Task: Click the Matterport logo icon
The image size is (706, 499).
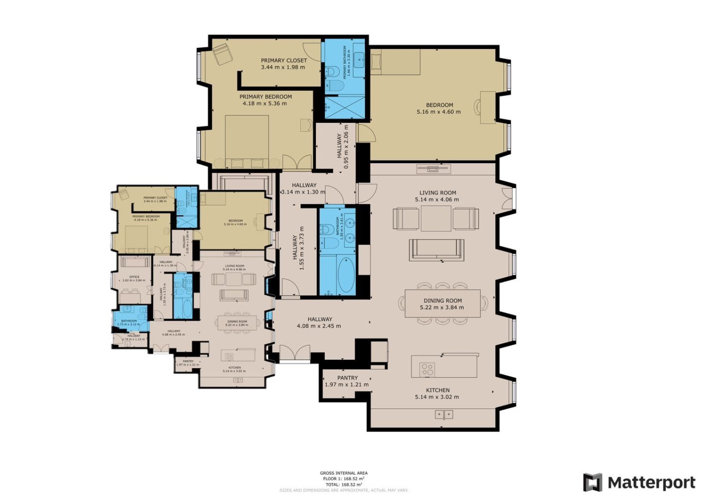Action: click(x=593, y=483)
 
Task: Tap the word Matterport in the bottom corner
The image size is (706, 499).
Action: click(x=651, y=483)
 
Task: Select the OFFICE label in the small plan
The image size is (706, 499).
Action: click(x=134, y=277)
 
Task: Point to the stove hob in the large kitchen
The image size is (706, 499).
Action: click(x=427, y=369)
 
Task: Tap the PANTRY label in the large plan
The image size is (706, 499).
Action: click(x=347, y=378)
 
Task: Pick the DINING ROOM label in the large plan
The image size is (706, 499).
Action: click(x=443, y=301)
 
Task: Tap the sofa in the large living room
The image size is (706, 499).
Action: click(x=436, y=249)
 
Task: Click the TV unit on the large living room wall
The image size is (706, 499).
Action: click(x=433, y=169)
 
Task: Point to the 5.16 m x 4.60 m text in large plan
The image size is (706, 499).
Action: click(x=439, y=112)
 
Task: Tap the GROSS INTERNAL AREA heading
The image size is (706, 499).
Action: click(x=344, y=473)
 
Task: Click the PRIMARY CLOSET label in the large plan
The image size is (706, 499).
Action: click(x=284, y=60)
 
